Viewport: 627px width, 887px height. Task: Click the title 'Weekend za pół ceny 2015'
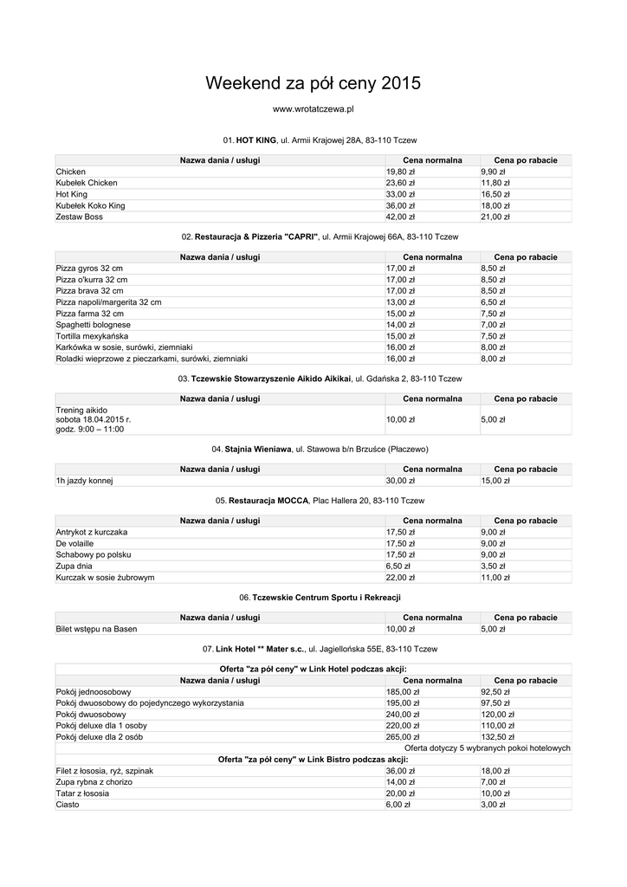point(313,84)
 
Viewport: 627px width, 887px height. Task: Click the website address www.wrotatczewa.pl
point(313,110)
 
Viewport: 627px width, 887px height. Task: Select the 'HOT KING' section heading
point(255,139)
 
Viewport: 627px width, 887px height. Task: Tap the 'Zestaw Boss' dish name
point(80,217)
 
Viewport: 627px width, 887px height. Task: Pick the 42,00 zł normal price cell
point(400,217)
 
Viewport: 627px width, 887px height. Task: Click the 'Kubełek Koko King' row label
point(91,205)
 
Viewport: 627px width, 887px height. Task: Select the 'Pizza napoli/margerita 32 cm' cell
point(109,302)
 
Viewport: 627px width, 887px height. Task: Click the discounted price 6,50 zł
point(494,302)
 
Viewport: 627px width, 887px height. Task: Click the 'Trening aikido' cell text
point(82,410)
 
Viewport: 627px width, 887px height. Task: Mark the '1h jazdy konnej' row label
point(85,481)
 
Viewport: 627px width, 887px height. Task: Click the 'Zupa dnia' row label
point(74,566)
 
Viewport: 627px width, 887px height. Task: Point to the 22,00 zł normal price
point(400,577)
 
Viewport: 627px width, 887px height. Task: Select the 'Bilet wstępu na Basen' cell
point(96,629)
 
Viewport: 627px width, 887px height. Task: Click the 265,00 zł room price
point(403,736)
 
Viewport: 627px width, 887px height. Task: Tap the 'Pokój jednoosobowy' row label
point(94,691)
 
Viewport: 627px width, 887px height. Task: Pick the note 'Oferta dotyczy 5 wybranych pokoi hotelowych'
point(488,748)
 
